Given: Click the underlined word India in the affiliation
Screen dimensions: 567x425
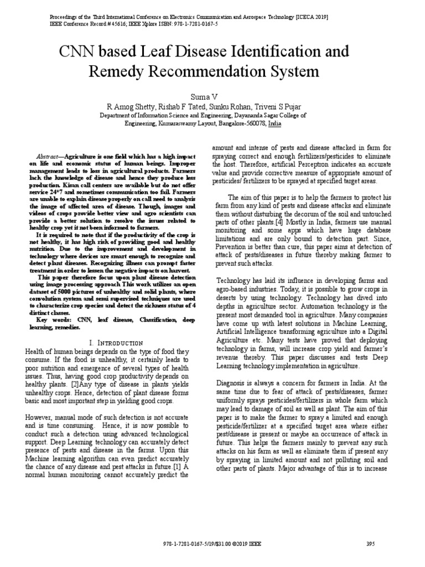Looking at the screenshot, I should pyautogui.click(x=274, y=125).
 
